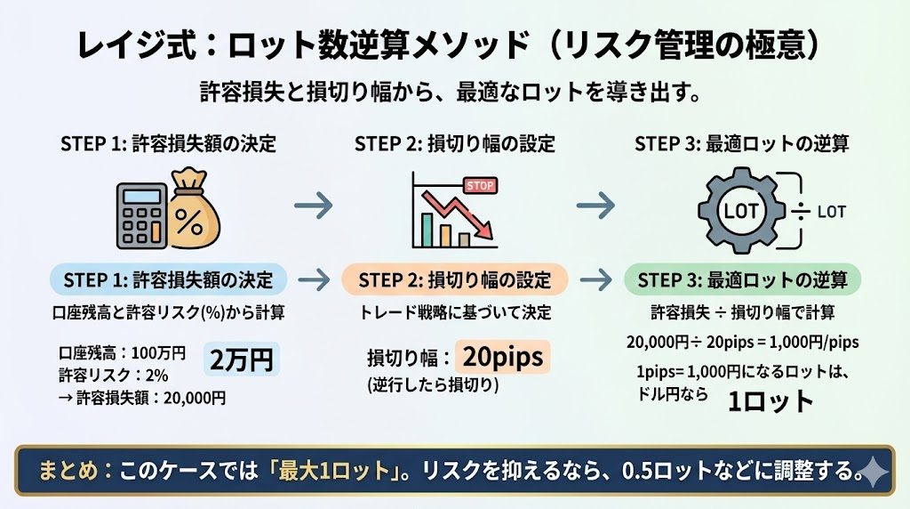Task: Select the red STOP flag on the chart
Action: point(479,186)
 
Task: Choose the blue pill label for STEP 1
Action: point(169,279)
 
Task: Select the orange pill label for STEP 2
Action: point(455,279)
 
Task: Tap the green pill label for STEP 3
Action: point(742,279)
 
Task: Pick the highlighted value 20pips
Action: point(502,358)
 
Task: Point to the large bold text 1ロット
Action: point(770,400)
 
